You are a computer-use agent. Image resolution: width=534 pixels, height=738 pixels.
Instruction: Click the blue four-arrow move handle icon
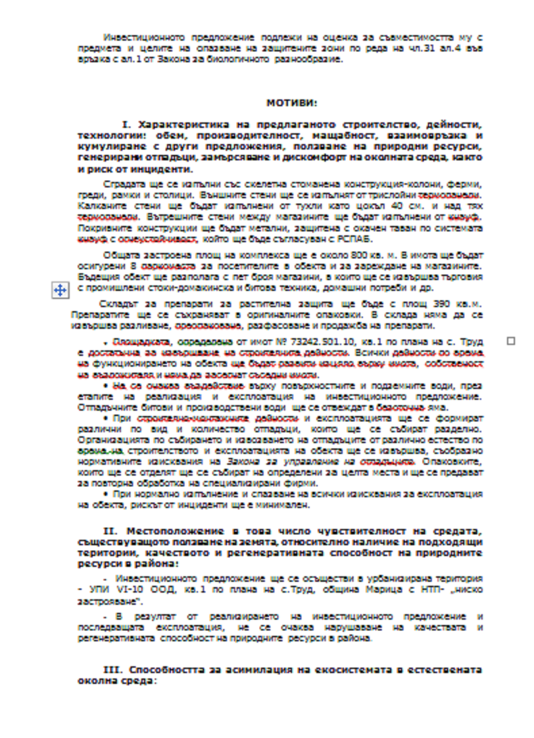pyautogui.click(x=59, y=290)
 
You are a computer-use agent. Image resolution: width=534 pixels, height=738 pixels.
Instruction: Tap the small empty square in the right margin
pyautogui.click(x=510, y=341)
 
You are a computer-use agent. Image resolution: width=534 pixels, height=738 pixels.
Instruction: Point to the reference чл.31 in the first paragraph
pyautogui.click(x=416, y=48)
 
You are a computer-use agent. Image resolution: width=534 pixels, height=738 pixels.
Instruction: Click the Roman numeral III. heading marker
pyautogui.click(x=112, y=669)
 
